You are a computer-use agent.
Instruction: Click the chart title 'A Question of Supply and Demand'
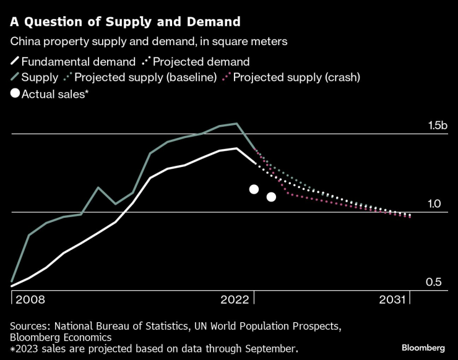pyautogui.click(x=125, y=22)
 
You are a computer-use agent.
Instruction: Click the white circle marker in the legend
pyautogui.click(x=15, y=94)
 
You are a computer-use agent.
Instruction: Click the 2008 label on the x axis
pyautogui.click(x=30, y=300)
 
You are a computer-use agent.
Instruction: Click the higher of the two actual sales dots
pyautogui.click(x=254, y=189)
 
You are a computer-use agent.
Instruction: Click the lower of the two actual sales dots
pyautogui.click(x=271, y=197)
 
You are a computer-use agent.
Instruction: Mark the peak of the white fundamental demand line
pyautogui.click(x=236, y=148)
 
